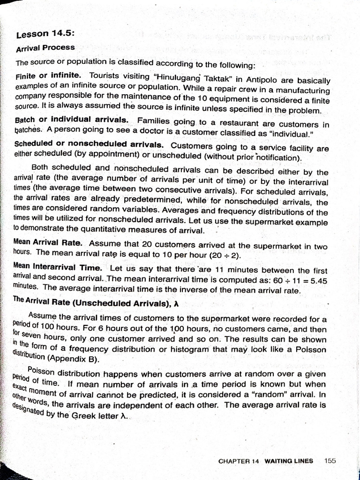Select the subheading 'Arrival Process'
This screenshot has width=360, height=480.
45,48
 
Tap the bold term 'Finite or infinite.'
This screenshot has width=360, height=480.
48,75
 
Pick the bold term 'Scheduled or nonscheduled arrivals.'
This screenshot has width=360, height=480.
89,144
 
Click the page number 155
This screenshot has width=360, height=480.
330,460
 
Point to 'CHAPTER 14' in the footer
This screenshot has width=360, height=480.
239,461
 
